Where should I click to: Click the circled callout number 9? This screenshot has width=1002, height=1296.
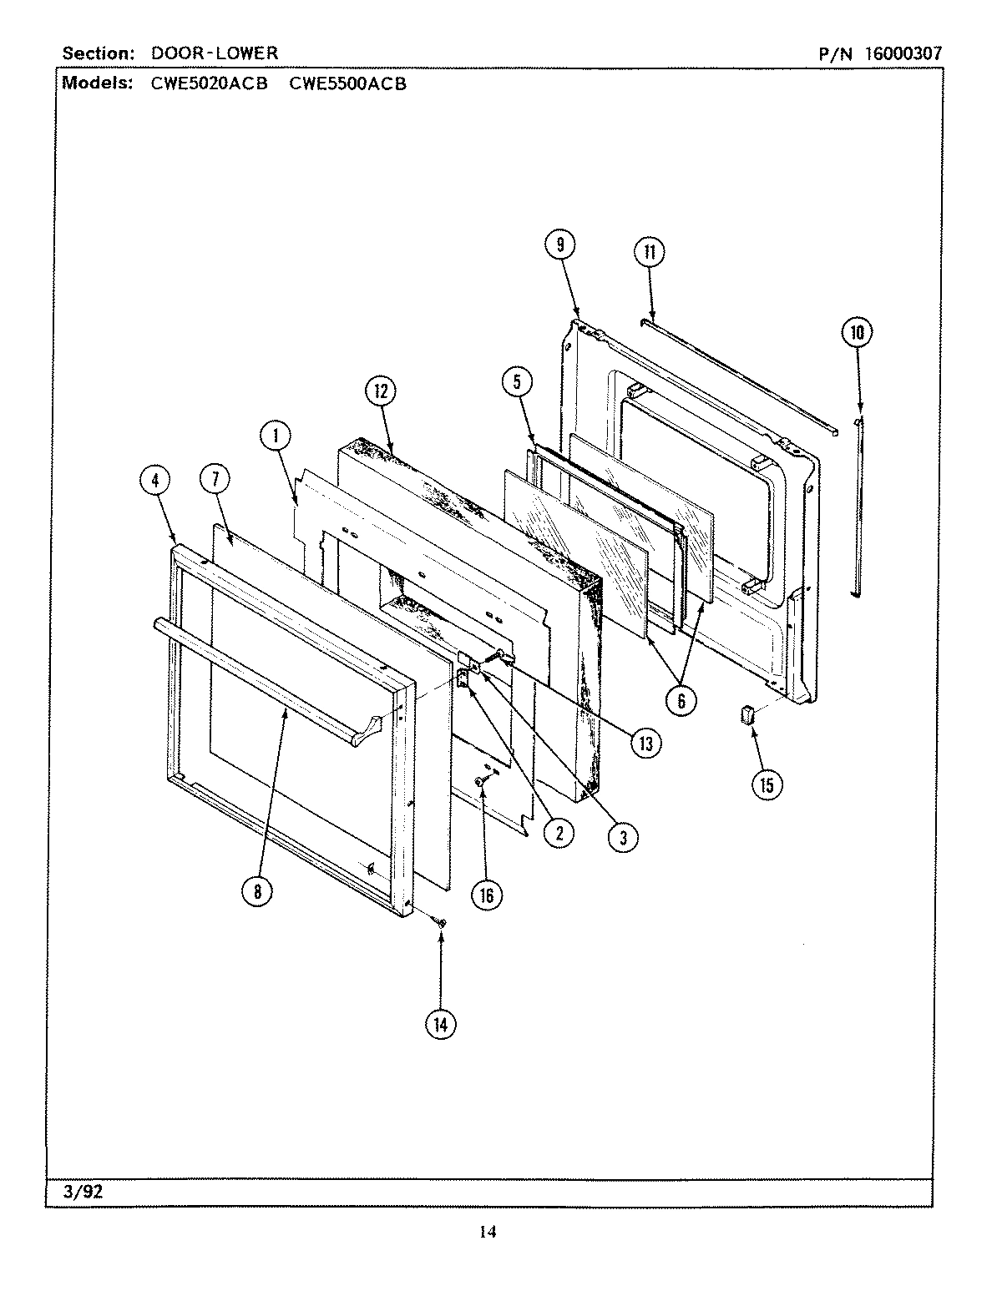coord(560,245)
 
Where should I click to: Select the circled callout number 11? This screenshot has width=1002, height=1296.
coord(650,253)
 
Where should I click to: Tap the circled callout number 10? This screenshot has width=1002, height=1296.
coord(857,333)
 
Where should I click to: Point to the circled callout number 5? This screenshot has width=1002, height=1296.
coord(517,382)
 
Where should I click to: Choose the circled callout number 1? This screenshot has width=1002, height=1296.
coord(275,434)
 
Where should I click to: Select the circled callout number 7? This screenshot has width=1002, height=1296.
coord(215,479)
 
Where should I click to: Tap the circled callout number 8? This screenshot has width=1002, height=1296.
coord(257,891)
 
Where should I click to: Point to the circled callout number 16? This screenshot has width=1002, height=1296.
coord(486,895)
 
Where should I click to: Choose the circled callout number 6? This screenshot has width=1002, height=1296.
coord(681,701)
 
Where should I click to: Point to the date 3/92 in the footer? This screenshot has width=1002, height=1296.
coord(83,1192)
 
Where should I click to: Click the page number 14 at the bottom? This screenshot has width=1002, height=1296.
coord(488,1232)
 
